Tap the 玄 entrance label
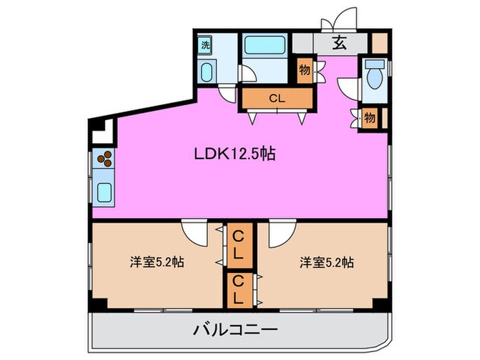[x=339, y=43]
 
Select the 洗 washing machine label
[x=205, y=45]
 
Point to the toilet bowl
[x=374, y=78]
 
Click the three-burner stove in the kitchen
[x=105, y=160]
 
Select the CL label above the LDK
[x=277, y=99]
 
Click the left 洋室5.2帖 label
[x=157, y=263]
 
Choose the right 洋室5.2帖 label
[x=326, y=263]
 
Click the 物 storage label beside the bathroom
[x=304, y=70]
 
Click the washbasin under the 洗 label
[x=206, y=72]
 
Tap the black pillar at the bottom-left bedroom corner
[x=99, y=303]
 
